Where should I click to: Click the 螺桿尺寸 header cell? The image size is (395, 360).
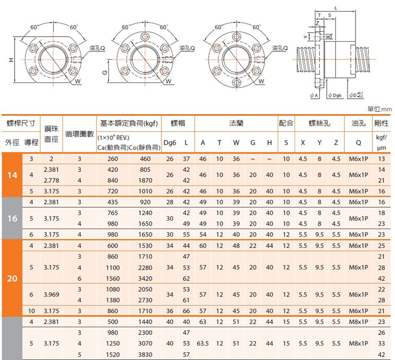[21, 124]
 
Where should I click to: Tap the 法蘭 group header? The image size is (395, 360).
[236, 123]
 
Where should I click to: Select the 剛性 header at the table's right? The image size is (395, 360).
[381, 123]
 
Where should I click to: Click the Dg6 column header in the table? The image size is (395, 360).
[170, 143]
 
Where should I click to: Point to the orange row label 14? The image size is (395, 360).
[12, 175]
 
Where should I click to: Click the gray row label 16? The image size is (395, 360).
[12, 218]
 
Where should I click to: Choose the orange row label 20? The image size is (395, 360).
[12, 278]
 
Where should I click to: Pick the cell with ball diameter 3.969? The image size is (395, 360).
[51, 295]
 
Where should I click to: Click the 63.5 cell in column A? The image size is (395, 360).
[203, 344]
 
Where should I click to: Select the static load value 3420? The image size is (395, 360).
[145, 278]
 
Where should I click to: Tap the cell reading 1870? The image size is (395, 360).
[145, 181]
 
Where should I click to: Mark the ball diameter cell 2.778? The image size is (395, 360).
[51, 181]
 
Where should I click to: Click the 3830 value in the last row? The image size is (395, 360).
[145, 354]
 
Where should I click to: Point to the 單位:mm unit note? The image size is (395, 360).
[380, 109]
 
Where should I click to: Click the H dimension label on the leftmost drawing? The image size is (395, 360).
[11, 60]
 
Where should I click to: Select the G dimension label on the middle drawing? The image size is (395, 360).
[105, 73]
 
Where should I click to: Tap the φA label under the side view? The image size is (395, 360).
[314, 95]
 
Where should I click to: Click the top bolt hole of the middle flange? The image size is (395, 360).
[145, 36]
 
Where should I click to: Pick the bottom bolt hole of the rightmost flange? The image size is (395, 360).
[237, 82]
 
